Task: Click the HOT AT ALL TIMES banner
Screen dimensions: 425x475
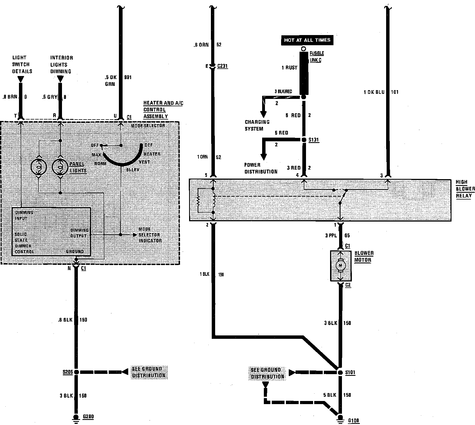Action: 307,40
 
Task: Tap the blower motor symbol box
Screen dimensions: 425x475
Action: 341,266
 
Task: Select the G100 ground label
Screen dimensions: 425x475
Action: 353,421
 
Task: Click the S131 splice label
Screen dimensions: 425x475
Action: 314,140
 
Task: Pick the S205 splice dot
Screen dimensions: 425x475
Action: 76,372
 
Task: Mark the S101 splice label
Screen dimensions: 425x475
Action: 350,372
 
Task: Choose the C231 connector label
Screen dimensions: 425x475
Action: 222,66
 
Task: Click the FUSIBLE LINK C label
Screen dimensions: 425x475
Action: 316,57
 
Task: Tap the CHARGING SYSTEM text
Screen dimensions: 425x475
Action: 257,125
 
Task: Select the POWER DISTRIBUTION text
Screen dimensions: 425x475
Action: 261,168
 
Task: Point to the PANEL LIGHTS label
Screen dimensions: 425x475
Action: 78,167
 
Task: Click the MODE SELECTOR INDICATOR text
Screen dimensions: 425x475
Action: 150,235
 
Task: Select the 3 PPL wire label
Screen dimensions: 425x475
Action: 331,235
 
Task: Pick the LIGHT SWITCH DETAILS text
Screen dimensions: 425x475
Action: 22,64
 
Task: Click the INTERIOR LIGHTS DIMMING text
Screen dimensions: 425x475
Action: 61,65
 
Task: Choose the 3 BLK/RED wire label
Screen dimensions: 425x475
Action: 283,92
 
